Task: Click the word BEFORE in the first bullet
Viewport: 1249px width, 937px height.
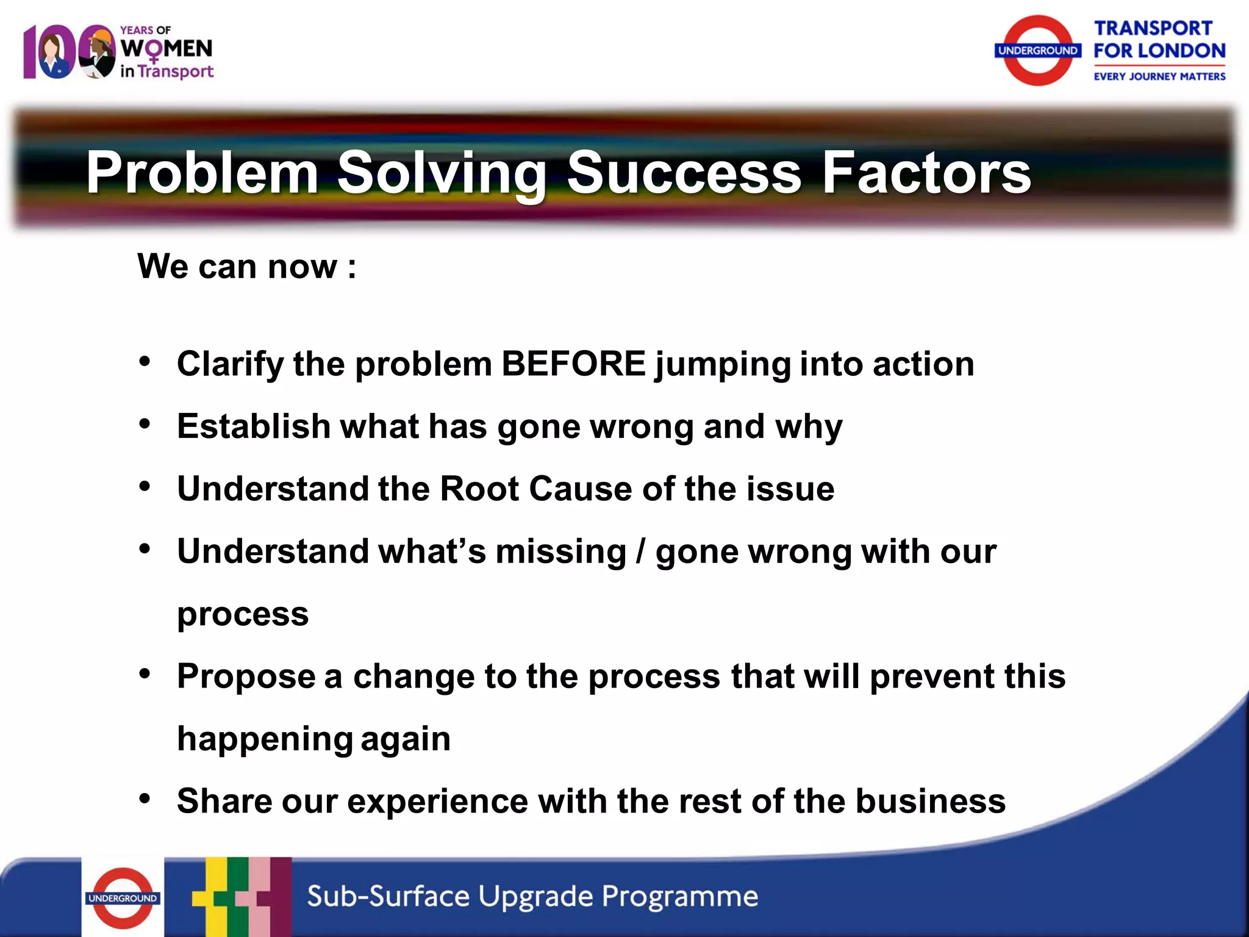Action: pyautogui.click(x=573, y=364)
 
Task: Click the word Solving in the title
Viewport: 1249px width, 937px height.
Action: pyautogui.click(x=442, y=174)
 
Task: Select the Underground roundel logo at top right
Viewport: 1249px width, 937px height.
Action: pyautogui.click(x=1037, y=51)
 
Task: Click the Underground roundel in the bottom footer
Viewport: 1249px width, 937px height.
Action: pyautogui.click(x=123, y=897)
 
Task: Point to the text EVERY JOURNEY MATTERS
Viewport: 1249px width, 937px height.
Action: pyautogui.click(x=1159, y=76)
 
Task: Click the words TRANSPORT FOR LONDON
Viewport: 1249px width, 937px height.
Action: pyautogui.click(x=1159, y=40)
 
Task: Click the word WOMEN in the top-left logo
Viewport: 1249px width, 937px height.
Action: pyautogui.click(x=166, y=48)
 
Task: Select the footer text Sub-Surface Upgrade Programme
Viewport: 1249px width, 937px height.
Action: pyautogui.click(x=532, y=896)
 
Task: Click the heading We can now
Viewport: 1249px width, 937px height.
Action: pyautogui.click(x=246, y=267)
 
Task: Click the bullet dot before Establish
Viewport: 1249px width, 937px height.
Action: pyautogui.click(x=145, y=423)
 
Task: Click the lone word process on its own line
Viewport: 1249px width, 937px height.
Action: pyautogui.click(x=243, y=614)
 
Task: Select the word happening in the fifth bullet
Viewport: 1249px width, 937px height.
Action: pyautogui.click(x=265, y=739)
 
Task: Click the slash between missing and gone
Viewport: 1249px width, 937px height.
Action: pyautogui.click(x=640, y=551)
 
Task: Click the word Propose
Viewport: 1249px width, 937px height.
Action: pyautogui.click(x=246, y=677)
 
